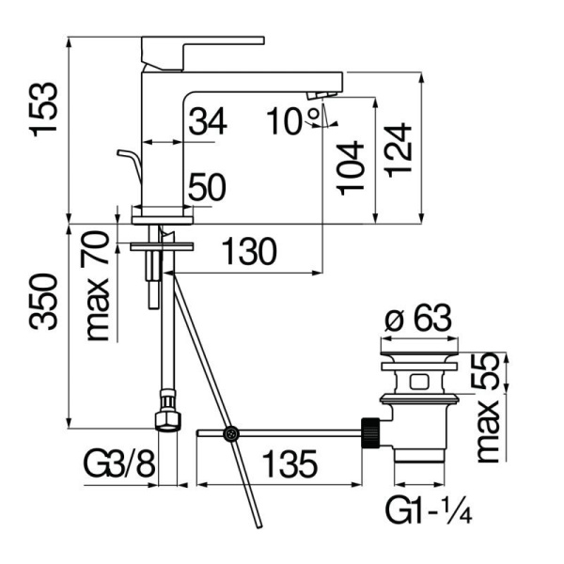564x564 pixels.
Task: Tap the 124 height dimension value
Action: click(x=399, y=149)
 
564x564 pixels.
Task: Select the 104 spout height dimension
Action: click(x=351, y=167)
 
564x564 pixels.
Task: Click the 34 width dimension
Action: click(x=208, y=121)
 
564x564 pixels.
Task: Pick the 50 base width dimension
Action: click(x=208, y=188)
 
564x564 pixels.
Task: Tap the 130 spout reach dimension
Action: click(x=249, y=252)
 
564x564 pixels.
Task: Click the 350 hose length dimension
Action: click(x=45, y=303)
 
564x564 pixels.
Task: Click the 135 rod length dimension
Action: click(x=287, y=464)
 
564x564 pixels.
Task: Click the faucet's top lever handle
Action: click(x=202, y=42)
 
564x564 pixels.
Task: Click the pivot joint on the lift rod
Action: click(x=229, y=433)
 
